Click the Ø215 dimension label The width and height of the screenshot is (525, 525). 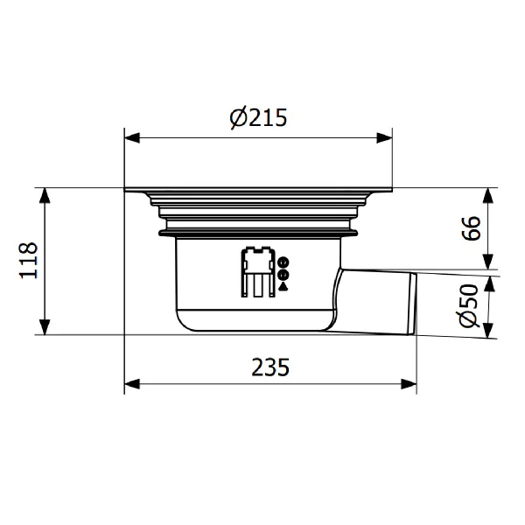[258, 118]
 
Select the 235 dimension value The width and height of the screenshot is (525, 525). [270, 367]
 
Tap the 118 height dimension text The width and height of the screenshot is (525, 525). [29, 260]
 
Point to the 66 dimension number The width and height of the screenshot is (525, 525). [471, 228]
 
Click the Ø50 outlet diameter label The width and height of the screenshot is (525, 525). [470, 306]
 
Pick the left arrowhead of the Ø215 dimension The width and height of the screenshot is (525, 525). [132, 138]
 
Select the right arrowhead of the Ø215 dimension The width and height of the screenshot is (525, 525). [384, 138]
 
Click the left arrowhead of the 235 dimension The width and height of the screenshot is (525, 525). [132, 384]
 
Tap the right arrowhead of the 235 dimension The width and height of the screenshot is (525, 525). [409, 384]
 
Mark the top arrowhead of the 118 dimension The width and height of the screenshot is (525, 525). [45, 195]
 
